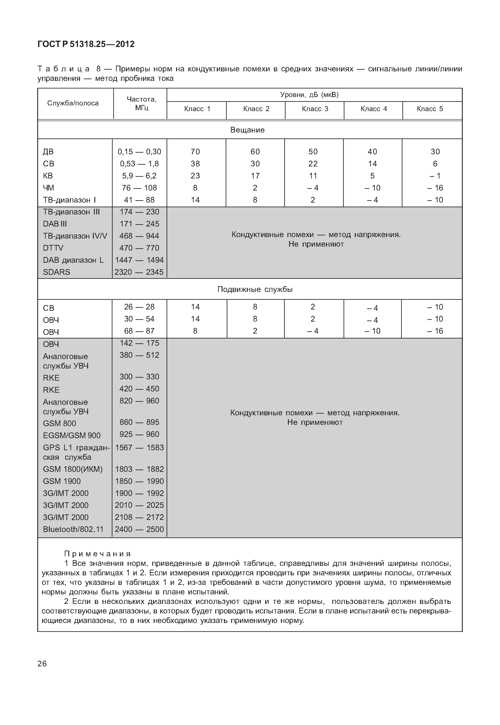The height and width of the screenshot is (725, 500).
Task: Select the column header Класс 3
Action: click(315, 109)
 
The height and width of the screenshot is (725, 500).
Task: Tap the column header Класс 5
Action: click(430, 109)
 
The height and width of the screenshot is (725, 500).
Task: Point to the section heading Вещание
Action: click(247, 130)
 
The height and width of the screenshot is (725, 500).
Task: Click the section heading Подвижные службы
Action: click(255, 289)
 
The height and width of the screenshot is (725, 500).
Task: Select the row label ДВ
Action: click(48, 152)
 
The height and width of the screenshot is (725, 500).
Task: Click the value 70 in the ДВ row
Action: click(195, 152)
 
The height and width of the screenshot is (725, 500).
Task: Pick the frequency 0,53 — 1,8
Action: click(140, 164)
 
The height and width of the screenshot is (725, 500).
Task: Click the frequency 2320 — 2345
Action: click(139, 272)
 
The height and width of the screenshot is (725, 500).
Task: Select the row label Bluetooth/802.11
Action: click(73, 529)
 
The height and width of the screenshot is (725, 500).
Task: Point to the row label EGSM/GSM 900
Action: click(72, 435)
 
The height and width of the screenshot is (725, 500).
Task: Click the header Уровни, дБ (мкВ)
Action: click(309, 95)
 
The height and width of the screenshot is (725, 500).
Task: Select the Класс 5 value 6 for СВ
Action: click(435, 164)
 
